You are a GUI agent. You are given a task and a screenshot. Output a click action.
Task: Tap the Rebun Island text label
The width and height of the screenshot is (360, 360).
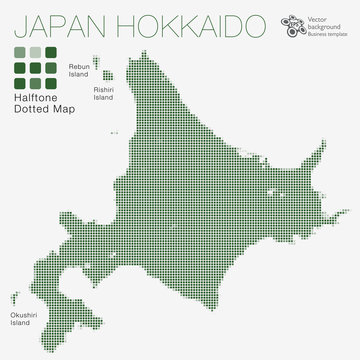point(78,69)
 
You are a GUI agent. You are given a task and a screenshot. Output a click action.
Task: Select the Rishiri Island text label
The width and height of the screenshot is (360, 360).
point(103,93)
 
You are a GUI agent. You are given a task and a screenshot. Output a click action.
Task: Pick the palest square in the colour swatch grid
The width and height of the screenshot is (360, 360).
point(35,51)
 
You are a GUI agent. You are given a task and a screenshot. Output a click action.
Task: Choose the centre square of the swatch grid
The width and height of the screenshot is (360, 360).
point(35,67)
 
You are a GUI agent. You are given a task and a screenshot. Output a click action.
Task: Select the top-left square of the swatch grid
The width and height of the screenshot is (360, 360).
point(20,51)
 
